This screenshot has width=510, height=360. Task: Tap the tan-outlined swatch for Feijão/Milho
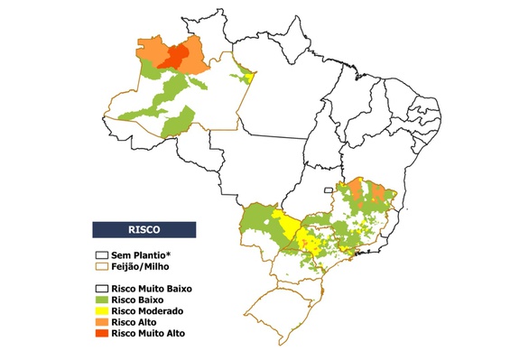point(102,267)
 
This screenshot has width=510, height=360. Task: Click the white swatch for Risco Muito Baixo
point(102,289)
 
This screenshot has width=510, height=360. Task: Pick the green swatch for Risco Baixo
point(102,300)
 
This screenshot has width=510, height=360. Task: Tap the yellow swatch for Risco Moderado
point(102,310)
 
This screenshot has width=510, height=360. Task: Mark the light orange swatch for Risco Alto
point(102,321)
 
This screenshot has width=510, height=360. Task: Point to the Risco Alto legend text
point(135,321)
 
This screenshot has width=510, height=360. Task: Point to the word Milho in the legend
point(159,267)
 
